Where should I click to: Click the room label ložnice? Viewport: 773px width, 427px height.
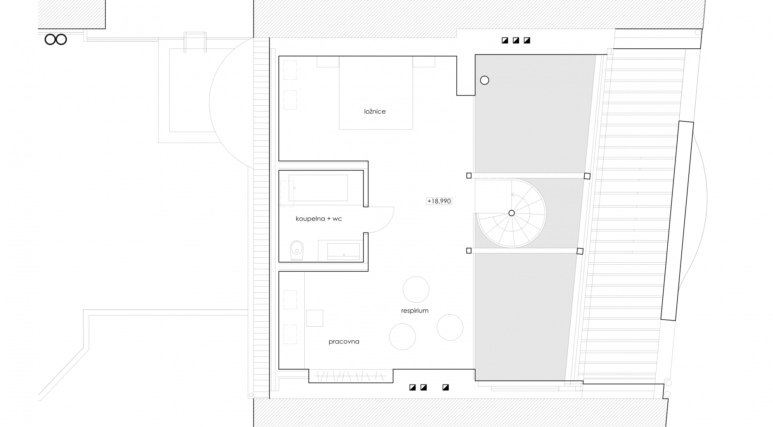(375, 111)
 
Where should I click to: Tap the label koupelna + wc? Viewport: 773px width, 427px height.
(319, 219)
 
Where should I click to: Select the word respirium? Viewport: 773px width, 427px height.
(415, 311)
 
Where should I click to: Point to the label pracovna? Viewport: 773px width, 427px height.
(344, 342)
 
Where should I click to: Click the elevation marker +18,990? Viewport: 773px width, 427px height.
(439, 201)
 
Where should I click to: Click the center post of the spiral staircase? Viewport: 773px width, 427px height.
(512, 213)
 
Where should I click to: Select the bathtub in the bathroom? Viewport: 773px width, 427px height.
(318, 188)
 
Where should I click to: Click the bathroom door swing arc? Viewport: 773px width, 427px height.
(388, 222)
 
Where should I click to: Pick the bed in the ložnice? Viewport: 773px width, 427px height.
(376, 93)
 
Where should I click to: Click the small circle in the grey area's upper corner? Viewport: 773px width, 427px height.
(485, 81)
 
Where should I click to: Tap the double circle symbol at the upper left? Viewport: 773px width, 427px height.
(56, 40)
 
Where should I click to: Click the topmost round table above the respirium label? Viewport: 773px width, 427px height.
(416, 289)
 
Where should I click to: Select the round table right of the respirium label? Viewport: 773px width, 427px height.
(450, 327)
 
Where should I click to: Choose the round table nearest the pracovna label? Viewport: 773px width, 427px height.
(402, 337)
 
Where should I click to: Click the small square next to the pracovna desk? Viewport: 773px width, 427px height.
(315, 318)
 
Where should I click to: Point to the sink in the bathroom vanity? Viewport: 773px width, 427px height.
(343, 251)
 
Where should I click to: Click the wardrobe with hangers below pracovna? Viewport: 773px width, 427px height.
(351, 376)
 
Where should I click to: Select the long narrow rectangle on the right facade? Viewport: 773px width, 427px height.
(678, 221)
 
